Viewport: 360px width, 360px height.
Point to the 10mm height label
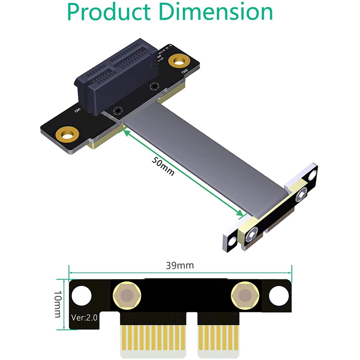point(58,304)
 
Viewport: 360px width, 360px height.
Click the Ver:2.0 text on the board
point(84,317)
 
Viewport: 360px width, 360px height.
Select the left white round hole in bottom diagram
point(81,296)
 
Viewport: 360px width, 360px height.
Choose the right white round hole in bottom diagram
point(279,296)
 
